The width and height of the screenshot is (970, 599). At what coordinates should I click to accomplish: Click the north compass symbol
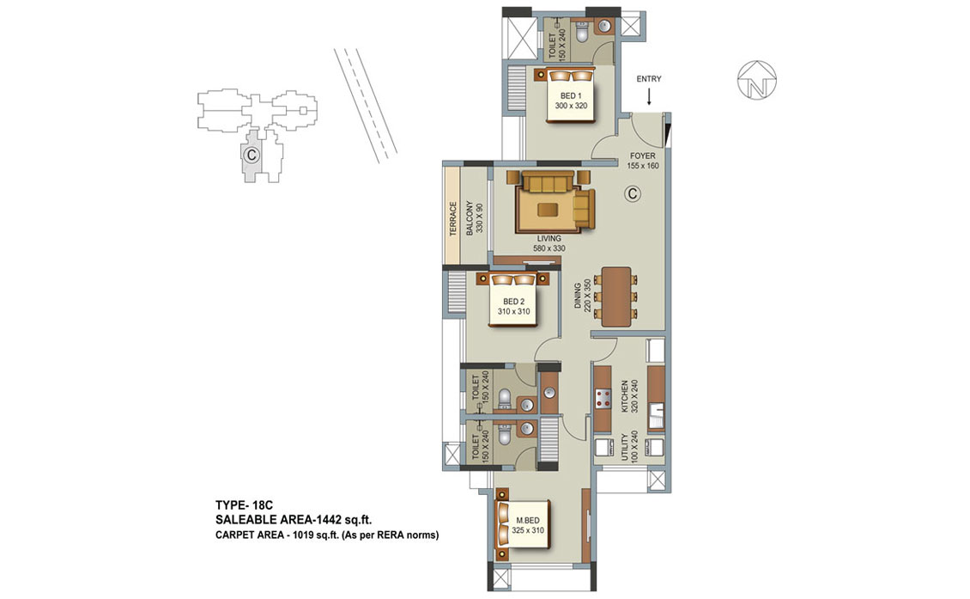tap(756, 79)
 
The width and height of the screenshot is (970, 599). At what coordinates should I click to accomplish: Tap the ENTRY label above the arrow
tap(649, 79)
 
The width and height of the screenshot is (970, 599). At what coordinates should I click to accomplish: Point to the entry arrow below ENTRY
tap(649, 96)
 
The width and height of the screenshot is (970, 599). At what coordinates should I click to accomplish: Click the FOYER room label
tap(643, 156)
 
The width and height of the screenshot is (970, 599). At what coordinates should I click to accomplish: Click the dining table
tap(616, 296)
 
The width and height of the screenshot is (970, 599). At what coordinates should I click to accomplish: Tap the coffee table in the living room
tap(547, 210)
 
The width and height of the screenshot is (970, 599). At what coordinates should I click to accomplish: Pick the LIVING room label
tap(549, 239)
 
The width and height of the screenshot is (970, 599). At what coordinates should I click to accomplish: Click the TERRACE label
tap(453, 218)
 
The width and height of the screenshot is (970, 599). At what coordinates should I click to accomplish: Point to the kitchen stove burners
tap(603, 398)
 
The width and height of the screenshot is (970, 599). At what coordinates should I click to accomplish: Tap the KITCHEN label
tap(625, 396)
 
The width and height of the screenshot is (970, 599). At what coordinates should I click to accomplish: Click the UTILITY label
tap(625, 447)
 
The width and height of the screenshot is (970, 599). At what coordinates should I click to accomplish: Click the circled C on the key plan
tap(251, 154)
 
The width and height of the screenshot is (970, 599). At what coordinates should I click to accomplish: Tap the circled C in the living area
tap(633, 194)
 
